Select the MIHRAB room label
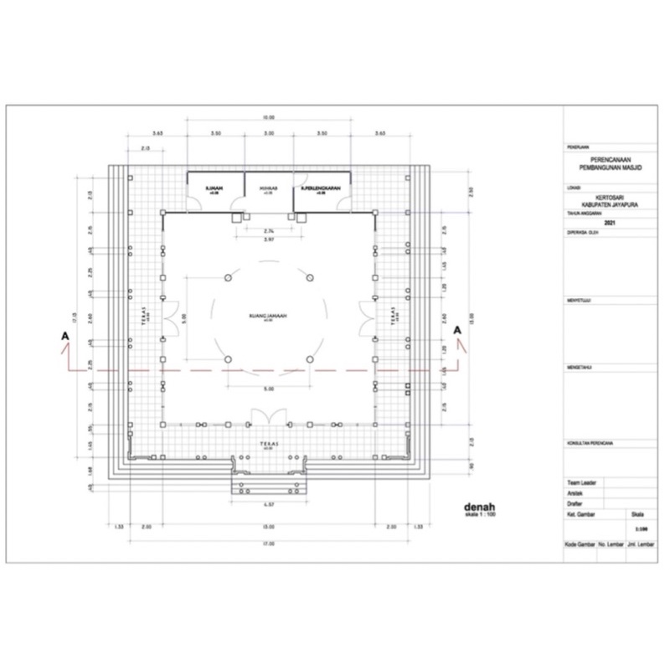point(268,188)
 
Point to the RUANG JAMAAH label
point(268,316)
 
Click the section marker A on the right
point(457,330)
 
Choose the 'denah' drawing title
point(481,506)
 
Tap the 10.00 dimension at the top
point(268,117)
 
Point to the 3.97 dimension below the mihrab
point(268,240)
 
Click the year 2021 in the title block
point(608,223)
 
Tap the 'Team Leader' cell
point(581,483)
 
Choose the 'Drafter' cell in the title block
point(575,503)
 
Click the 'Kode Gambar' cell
point(580,544)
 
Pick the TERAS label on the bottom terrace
point(268,443)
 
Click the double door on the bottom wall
point(268,416)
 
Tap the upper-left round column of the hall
point(226,277)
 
